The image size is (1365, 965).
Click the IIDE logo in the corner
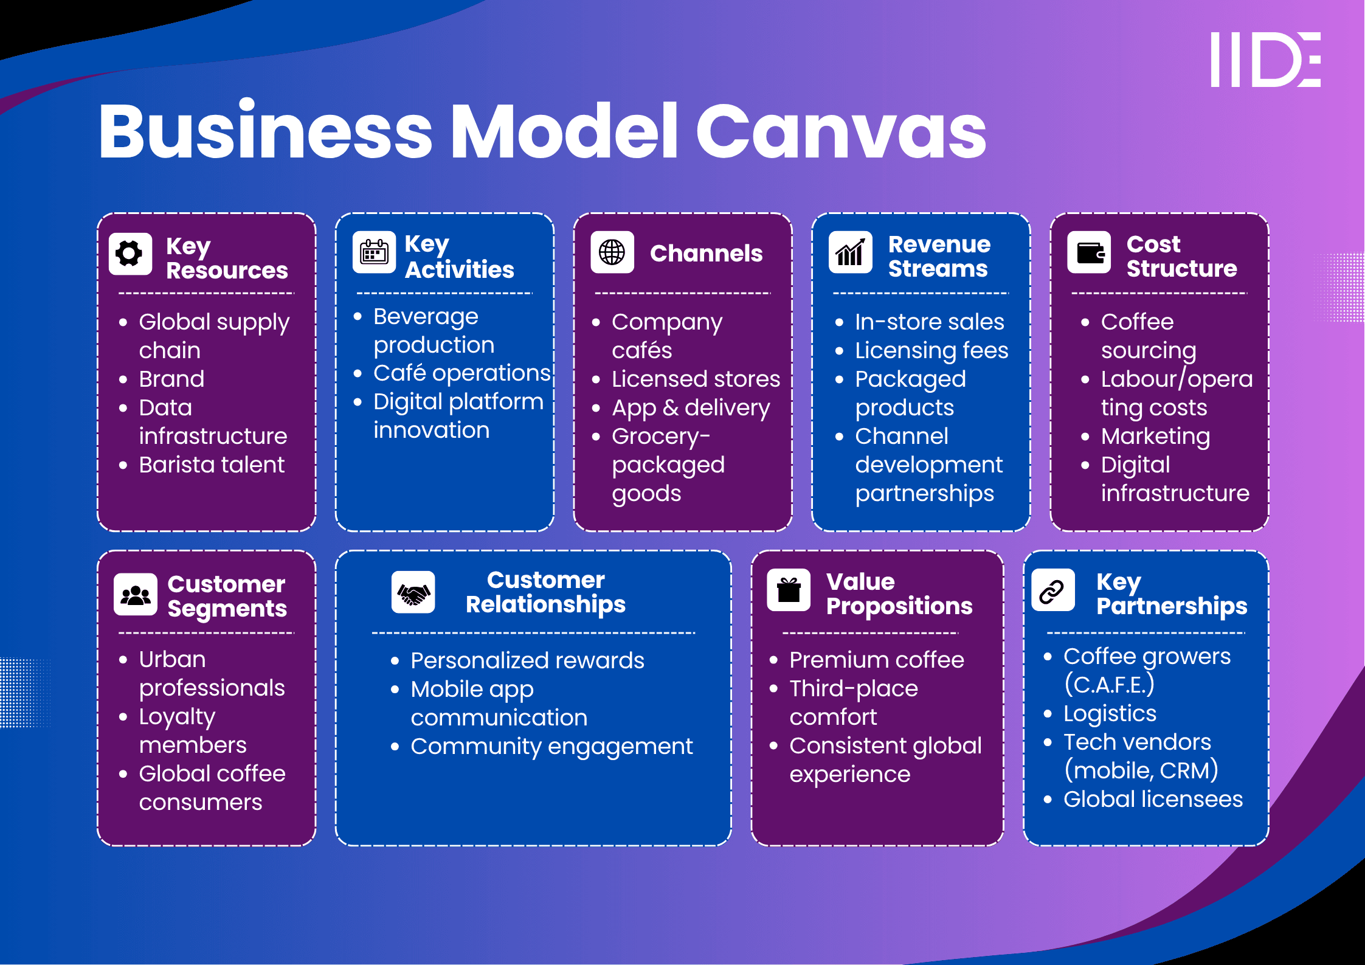(1265, 60)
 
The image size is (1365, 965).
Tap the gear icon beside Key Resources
(130, 254)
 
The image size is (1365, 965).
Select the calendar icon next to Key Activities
(374, 252)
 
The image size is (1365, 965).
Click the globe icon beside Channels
(612, 252)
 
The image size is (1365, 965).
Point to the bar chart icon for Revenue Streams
(850, 252)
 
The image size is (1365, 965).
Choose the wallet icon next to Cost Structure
(1089, 252)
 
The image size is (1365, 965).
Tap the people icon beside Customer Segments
(135, 594)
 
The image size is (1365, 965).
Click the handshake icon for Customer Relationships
(413, 592)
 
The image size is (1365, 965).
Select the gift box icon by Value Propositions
(789, 590)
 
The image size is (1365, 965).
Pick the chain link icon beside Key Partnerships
(1052, 590)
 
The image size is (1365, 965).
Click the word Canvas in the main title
(840, 131)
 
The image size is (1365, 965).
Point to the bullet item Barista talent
(211, 465)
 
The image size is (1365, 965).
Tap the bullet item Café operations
(461, 373)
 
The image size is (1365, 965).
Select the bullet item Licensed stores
(696, 379)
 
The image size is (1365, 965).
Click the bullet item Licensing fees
(931, 351)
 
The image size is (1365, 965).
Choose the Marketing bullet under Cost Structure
(1155, 437)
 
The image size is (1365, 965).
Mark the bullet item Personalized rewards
(527, 661)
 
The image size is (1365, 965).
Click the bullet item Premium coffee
(876, 660)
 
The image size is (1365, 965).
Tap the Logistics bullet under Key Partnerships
(1110, 714)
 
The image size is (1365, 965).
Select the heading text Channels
(706, 254)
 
